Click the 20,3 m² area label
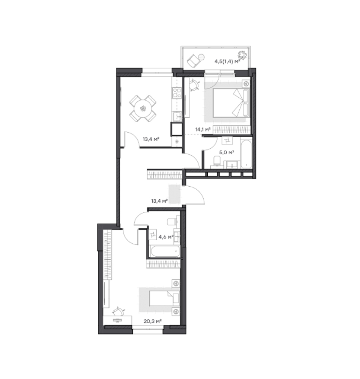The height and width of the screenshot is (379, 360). pyautogui.click(x=152, y=321)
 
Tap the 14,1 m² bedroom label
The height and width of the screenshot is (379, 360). pyautogui.click(x=203, y=129)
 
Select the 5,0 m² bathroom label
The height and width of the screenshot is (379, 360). pyautogui.click(x=226, y=152)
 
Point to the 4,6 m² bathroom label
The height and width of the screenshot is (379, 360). pyautogui.click(x=166, y=237)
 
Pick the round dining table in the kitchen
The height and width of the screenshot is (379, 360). pyautogui.click(x=143, y=108)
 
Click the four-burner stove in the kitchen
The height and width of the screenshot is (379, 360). pyautogui.click(x=177, y=93)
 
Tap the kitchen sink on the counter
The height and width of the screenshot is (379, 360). pyautogui.click(x=177, y=117)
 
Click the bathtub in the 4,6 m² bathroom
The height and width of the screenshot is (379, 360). pyautogui.click(x=164, y=252)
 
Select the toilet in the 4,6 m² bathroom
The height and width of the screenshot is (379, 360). pyautogui.click(x=173, y=221)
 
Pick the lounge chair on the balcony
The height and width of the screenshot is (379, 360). pyautogui.click(x=193, y=61)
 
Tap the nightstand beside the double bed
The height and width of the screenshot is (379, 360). pyautogui.click(x=246, y=84)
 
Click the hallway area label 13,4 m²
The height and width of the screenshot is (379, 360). pyautogui.click(x=159, y=201)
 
